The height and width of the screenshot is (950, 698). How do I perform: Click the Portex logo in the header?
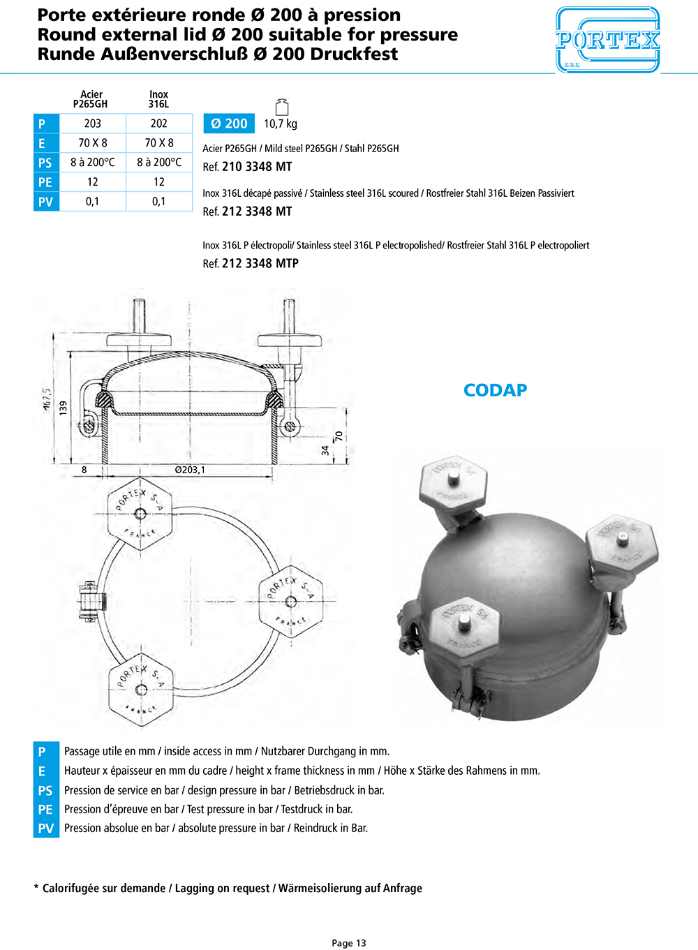(607, 40)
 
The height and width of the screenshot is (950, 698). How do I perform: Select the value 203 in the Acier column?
(93, 124)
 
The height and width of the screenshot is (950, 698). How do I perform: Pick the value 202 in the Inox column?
(159, 124)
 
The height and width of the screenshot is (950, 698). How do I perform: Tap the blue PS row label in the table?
(45, 163)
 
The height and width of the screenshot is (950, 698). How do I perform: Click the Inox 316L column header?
(158, 99)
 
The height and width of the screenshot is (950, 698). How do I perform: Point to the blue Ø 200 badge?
(229, 124)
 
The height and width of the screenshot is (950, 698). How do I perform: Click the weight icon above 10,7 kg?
(282, 107)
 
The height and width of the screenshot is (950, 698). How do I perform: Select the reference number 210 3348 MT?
(256, 167)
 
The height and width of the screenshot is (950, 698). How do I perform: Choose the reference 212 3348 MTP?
(260, 263)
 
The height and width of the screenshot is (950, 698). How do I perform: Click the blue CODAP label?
(495, 390)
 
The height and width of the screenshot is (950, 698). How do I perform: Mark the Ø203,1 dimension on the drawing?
(190, 470)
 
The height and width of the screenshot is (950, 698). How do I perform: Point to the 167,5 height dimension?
(47, 399)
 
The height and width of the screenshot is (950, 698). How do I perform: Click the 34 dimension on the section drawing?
(325, 450)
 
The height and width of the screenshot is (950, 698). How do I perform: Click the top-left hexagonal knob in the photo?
(452, 484)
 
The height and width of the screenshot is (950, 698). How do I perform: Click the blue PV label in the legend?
(46, 829)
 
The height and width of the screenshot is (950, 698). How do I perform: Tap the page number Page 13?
(349, 943)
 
